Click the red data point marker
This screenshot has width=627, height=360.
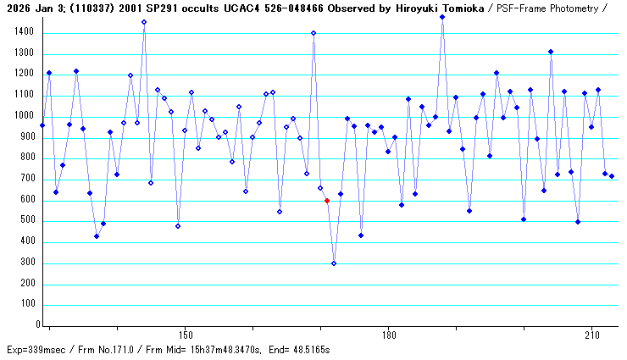pos(327,201)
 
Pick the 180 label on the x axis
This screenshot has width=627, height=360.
pos(388,335)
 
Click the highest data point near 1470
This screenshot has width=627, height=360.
pos(442,17)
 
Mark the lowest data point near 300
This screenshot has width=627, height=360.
pos(334,263)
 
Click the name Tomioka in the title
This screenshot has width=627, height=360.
pos(459,7)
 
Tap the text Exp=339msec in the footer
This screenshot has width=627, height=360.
pos(35,349)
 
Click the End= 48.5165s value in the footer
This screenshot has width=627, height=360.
pos(297,349)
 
